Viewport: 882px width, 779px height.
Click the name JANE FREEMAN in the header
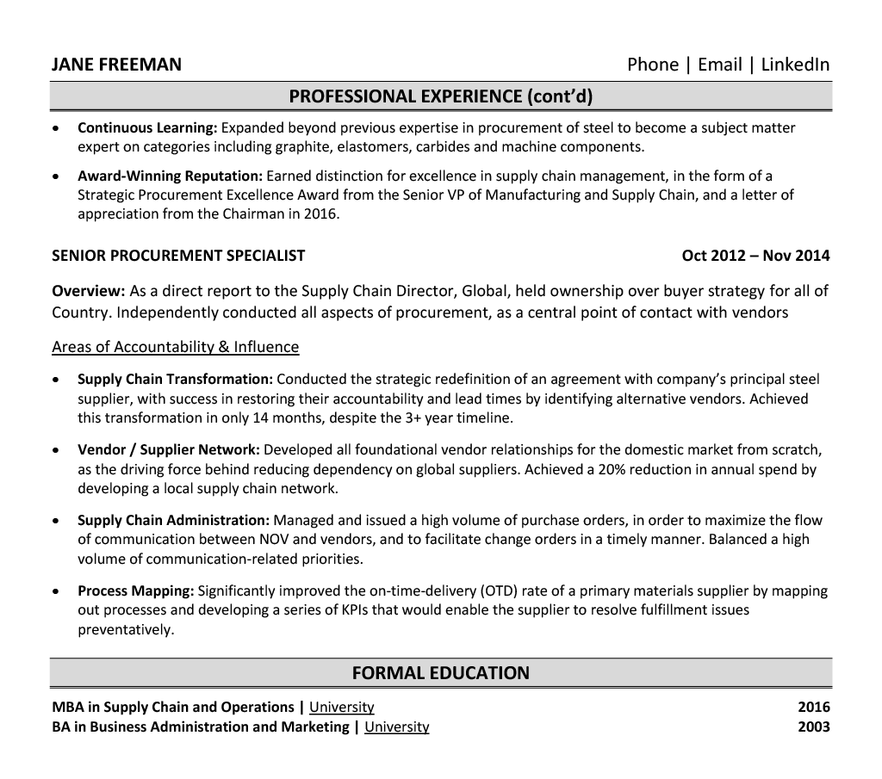[x=116, y=65]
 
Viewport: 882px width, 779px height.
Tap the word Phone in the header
[x=652, y=65]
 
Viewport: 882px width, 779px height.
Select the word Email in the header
[x=719, y=65]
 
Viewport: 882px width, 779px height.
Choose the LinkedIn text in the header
[x=795, y=65]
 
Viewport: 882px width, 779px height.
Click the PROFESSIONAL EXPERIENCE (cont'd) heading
[x=441, y=96]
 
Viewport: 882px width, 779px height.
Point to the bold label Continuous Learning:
[x=147, y=128]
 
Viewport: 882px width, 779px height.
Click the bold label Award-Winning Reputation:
[x=165, y=176]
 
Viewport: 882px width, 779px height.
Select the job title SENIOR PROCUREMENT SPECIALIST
[x=178, y=256]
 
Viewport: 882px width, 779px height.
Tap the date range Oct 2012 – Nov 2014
[x=755, y=256]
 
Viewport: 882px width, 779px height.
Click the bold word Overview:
[x=89, y=291]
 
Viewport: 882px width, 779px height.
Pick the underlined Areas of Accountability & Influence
[x=176, y=347]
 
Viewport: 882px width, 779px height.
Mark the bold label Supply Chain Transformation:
[x=176, y=380]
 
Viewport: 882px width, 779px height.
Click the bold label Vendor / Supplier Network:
[x=169, y=450]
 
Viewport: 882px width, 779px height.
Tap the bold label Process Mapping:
[x=136, y=591]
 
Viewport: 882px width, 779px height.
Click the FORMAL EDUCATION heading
[x=441, y=673]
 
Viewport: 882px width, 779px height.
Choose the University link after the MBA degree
[x=342, y=708]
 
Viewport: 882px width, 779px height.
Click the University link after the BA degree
[x=396, y=727]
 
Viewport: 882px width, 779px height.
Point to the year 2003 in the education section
[x=814, y=727]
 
